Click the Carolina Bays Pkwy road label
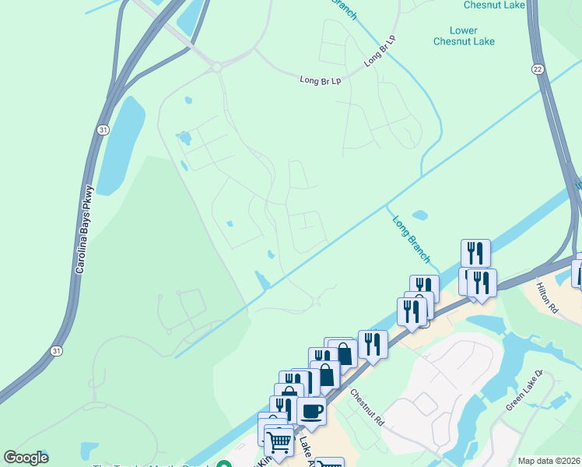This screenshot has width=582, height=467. pos(85,228)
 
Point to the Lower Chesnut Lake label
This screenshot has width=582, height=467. pos(465,36)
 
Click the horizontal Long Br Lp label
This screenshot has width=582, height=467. pos(321,79)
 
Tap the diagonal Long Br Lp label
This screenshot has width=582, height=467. pos(380,51)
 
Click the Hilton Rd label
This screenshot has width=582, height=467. pos(548,297)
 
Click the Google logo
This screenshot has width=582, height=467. pos(26,458)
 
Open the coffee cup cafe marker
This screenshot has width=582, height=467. pos(311,410)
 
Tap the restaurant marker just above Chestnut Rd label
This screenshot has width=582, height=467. pos(373,343)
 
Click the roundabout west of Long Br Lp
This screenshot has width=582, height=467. pos(216,68)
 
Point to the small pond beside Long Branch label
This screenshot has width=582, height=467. pos(419,214)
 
